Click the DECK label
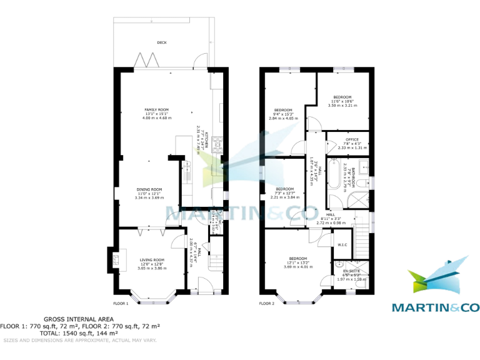pos(162,42)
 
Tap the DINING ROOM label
pos(149,189)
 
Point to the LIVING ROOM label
pos(151,260)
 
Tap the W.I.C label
pos(342,244)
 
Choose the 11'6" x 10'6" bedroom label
pos(342,97)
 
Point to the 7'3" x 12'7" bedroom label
pos(285,189)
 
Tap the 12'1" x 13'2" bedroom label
pos(297,259)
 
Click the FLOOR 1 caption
pos(119,304)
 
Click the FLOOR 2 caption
pos(266,304)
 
